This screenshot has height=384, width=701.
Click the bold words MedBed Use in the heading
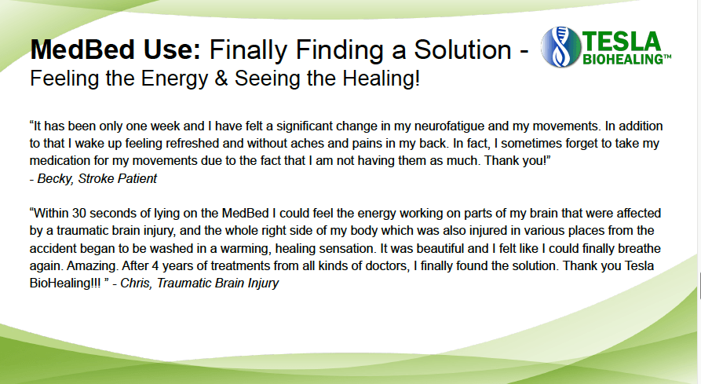point(115,50)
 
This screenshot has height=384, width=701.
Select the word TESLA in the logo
point(621,41)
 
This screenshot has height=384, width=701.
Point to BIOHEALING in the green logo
point(623,60)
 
